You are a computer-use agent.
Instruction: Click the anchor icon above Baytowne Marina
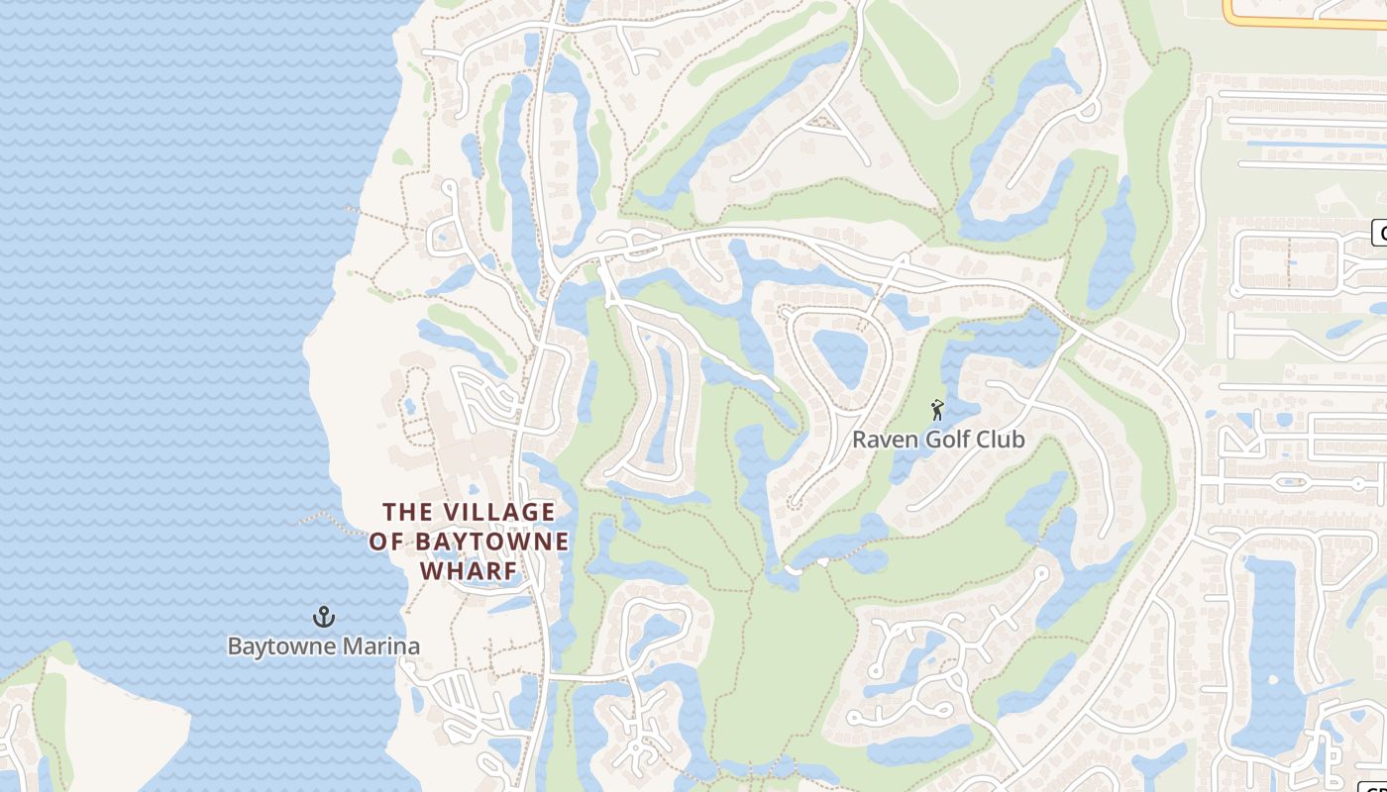324,617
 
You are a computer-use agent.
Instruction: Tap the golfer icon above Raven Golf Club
937,410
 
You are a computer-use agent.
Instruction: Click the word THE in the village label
408,512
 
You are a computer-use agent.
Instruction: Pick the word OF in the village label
387,542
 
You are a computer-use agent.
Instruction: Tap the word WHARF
469,571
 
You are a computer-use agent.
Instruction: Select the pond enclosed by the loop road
840,356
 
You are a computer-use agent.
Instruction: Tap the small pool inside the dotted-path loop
409,406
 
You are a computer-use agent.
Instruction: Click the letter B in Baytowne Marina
235,646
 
